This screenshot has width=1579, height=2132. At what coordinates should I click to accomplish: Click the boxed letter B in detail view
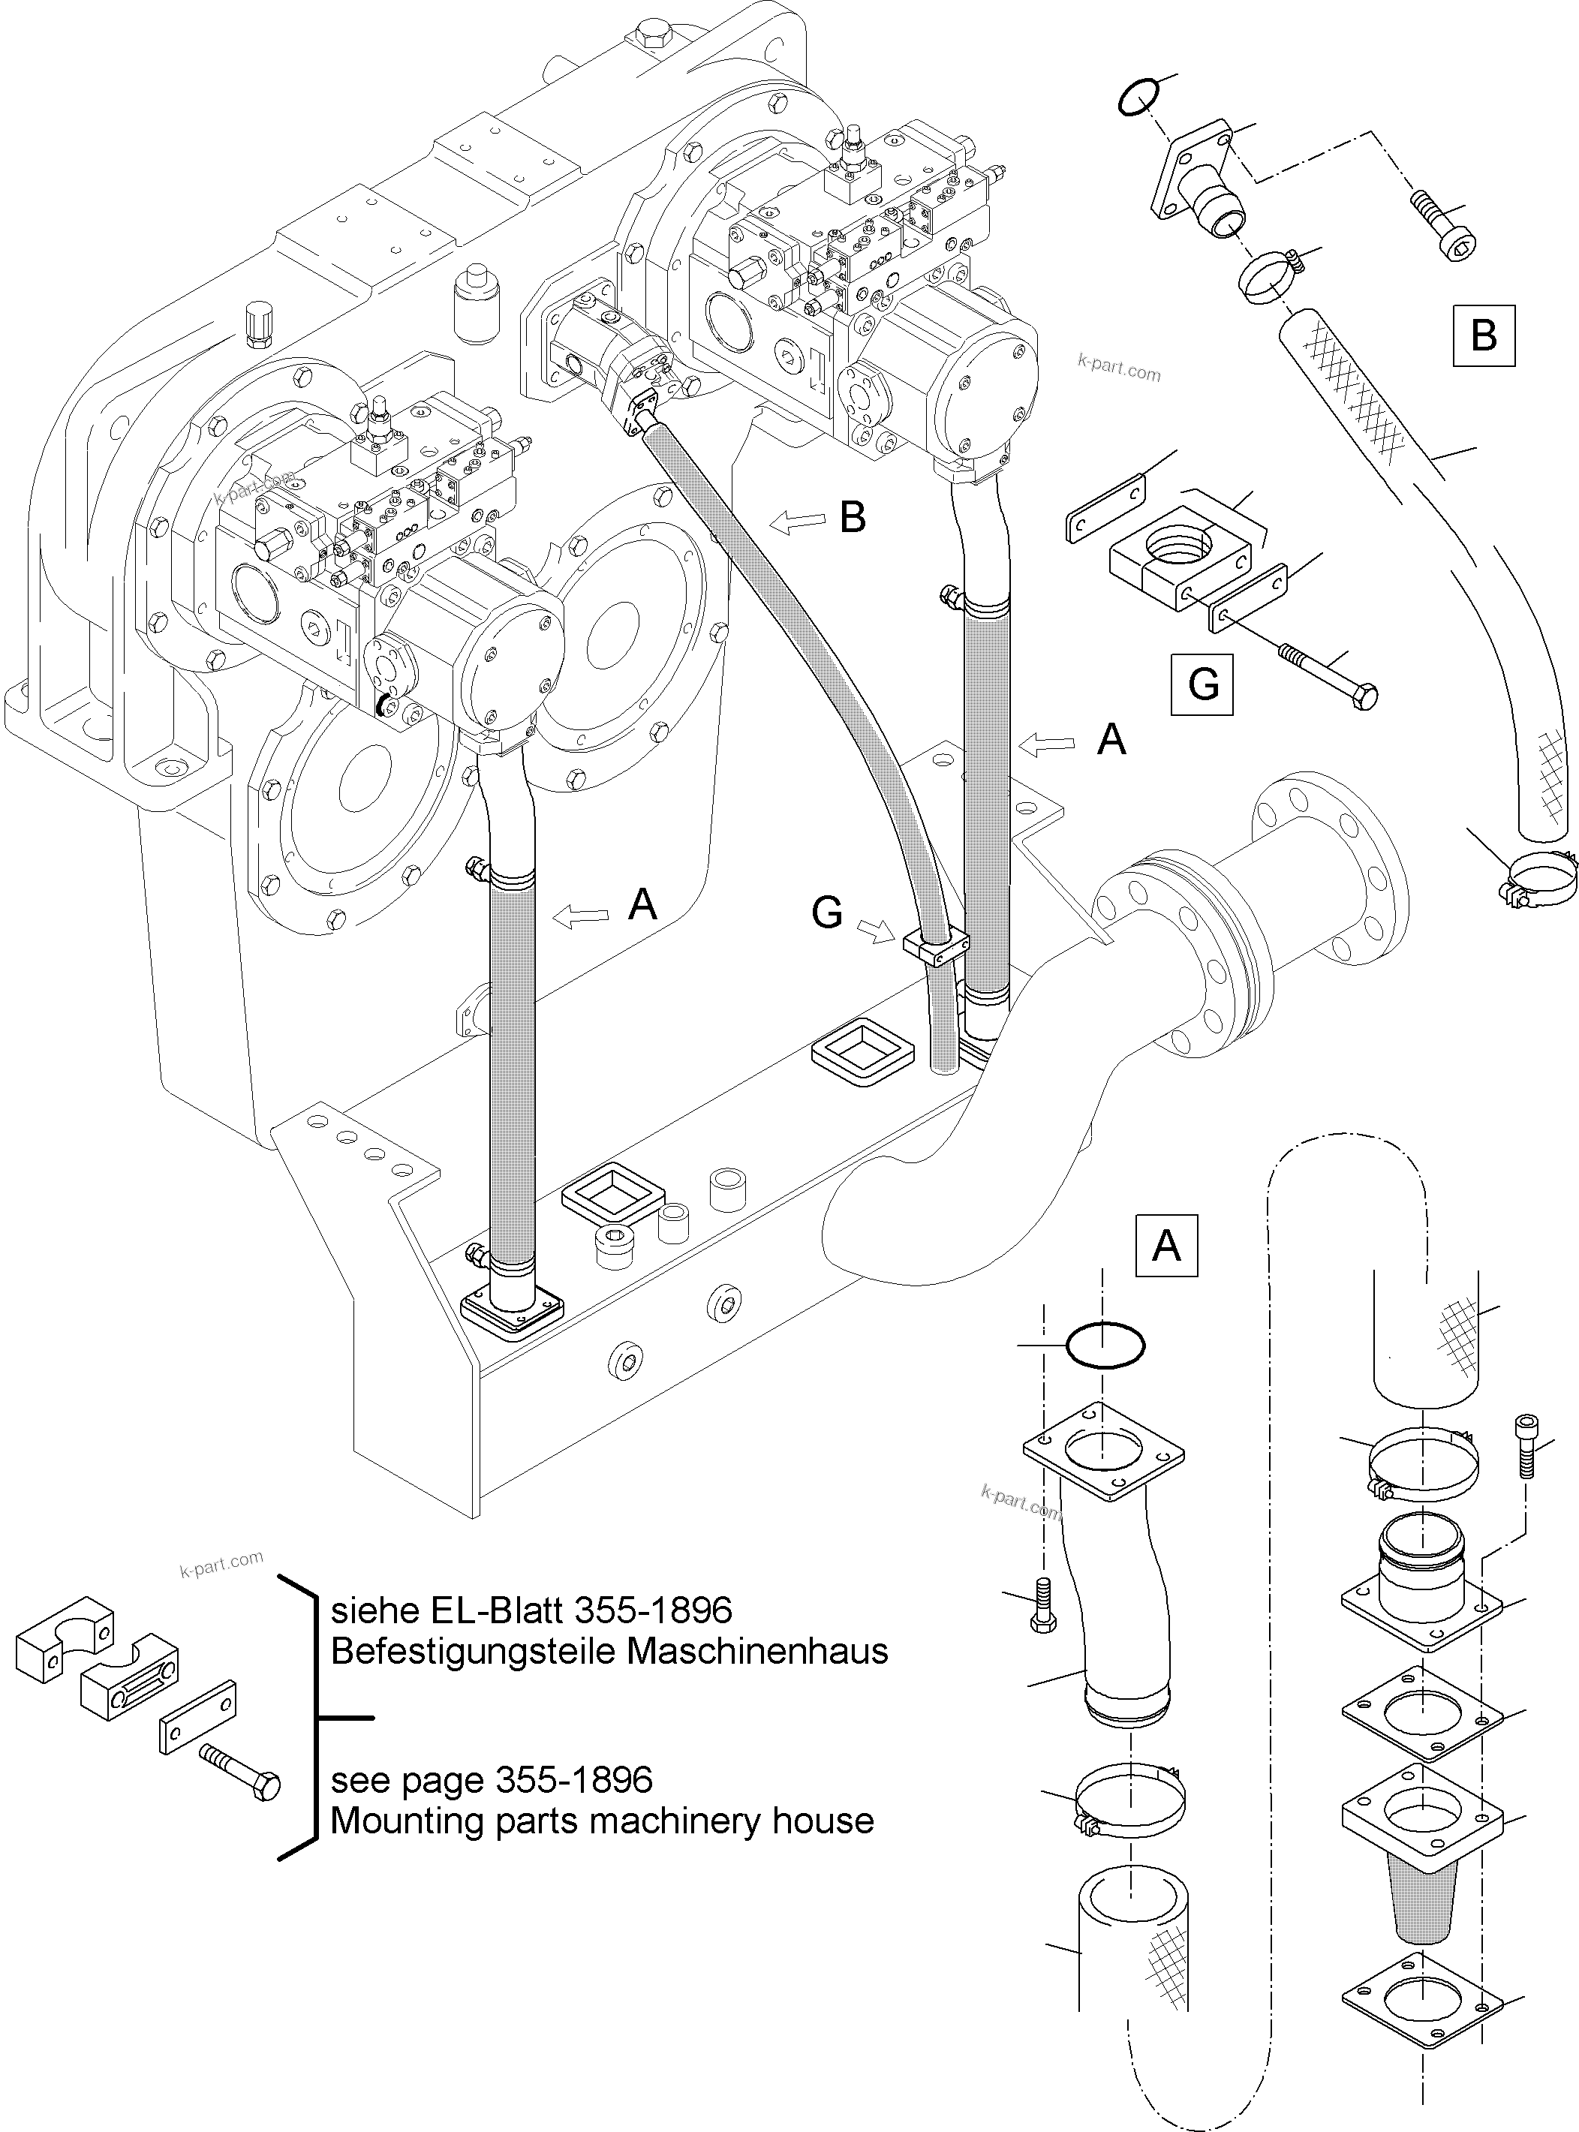[x=1484, y=335]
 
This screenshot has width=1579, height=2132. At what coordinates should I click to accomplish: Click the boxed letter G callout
[x=1202, y=684]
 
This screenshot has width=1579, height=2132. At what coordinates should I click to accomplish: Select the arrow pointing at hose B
[x=798, y=521]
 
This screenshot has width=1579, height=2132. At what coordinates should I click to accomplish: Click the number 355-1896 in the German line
[x=653, y=1611]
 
